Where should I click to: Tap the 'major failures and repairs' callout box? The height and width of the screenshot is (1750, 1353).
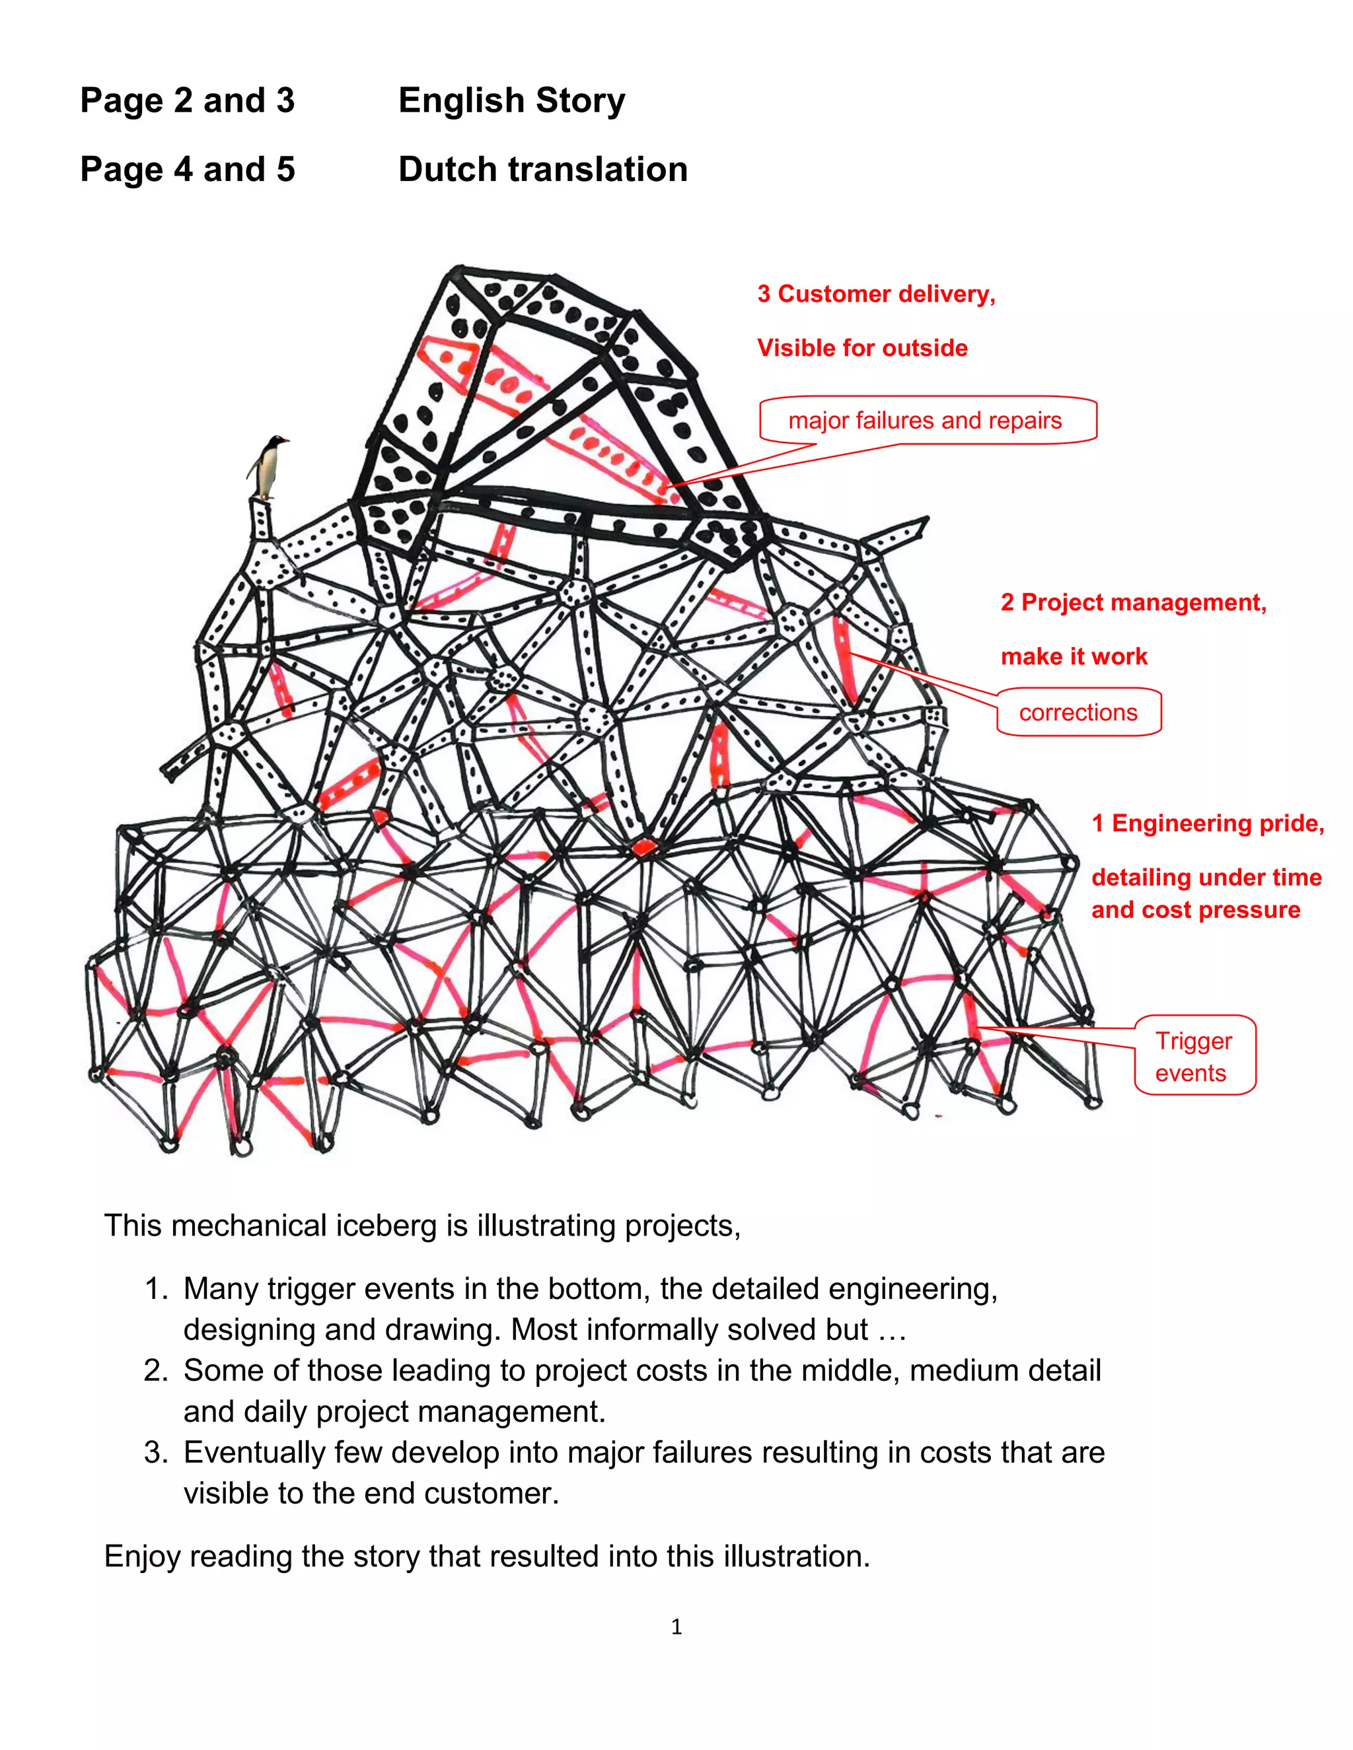click(927, 420)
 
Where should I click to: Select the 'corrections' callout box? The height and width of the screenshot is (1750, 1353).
click(1078, 713)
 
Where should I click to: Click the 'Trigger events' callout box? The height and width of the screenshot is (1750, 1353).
click(1194, 1056)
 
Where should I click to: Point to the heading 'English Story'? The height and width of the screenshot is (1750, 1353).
click(511, 101)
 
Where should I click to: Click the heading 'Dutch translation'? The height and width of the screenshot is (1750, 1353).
click(542, 170)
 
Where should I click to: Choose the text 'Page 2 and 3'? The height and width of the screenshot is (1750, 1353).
click(188, 101)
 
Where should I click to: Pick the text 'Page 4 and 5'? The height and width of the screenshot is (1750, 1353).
click(188, 170)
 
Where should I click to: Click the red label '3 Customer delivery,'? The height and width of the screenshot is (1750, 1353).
click(876, 294)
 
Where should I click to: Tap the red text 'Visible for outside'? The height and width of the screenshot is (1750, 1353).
click(862, 348)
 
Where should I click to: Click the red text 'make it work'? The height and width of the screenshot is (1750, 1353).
click(1074, 657)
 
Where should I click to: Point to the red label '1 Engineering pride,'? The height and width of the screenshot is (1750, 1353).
click(1207, 823)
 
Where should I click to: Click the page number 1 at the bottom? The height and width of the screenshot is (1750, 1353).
click(676, 1627)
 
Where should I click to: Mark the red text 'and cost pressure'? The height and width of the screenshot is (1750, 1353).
click(1195, 910)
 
